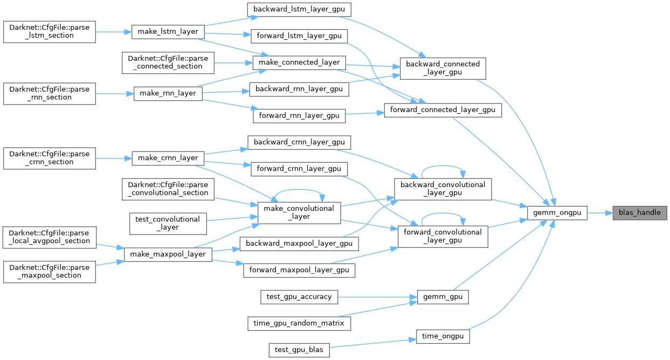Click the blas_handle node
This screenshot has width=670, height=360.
click(x=640, y=213)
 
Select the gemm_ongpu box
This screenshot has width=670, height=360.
click(x=557, y=213)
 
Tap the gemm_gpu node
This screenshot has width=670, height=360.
click(x=443, y=296)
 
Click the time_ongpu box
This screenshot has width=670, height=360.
click(x=443, y=336)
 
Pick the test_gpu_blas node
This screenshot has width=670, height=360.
click(x=299, y=349)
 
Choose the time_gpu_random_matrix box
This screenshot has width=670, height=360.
click(x=299, y=323)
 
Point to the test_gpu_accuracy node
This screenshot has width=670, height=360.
click(x=299, y=296)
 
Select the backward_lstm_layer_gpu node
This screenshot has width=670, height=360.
click(x=299, y=9)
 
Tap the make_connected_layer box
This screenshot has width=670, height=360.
click(x=299, y=62)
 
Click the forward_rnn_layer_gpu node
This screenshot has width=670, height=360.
click(x=299, y=115)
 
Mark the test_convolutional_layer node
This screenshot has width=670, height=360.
click(x=168, y=223)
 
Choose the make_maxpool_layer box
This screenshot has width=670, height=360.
click(x=168, y=254)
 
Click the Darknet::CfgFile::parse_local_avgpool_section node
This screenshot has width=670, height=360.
click(x=50, y=237)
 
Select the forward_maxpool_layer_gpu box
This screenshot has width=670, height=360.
click(x=299, y=269)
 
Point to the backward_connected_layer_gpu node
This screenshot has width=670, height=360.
click(x=443, y=68)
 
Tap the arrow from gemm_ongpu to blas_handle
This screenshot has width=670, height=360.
click(x=600, y=213)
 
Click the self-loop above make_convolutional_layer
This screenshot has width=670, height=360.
click(x=299, y=190)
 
